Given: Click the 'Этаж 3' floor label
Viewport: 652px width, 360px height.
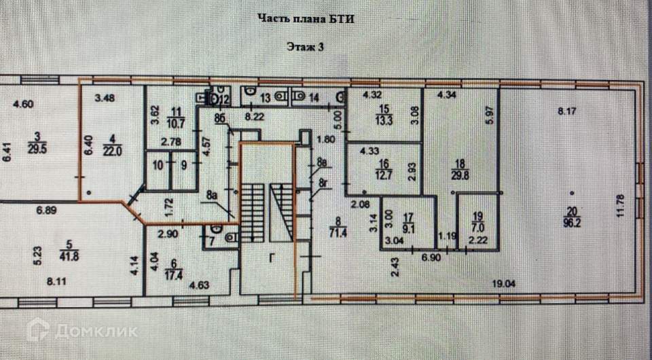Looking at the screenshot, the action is pos(306,47).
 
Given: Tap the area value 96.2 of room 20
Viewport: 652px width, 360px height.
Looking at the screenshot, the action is pos(571,220).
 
